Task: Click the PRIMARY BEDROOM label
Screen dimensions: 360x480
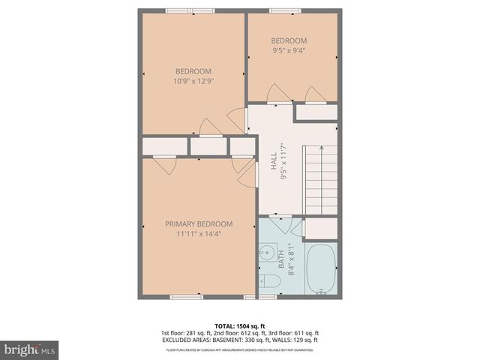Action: pyautogui.click(x=199, y=223)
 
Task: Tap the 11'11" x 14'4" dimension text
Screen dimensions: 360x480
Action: pyautogui.click(x=199, y=233)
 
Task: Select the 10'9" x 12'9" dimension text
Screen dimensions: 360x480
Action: pyautogui.click(x=194, y=81)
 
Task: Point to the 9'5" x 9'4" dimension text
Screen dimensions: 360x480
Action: pyautogui.click(x=289, y=51)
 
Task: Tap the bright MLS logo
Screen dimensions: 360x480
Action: pyautogui.click(x=30, y=349)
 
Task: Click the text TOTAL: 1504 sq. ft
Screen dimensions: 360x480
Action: pyautogui.click(x=239, y=325)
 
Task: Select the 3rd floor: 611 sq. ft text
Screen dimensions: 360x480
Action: pyautogui.click(x=295, y=332)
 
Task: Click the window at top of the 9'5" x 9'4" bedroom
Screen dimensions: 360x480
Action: pyautogui.click(x=286, y=10)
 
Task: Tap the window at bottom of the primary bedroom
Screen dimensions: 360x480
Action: pyautogui.click(x=187, y=297)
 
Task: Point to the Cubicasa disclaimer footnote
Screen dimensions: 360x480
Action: pyautogui.click(x=239, y=349)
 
